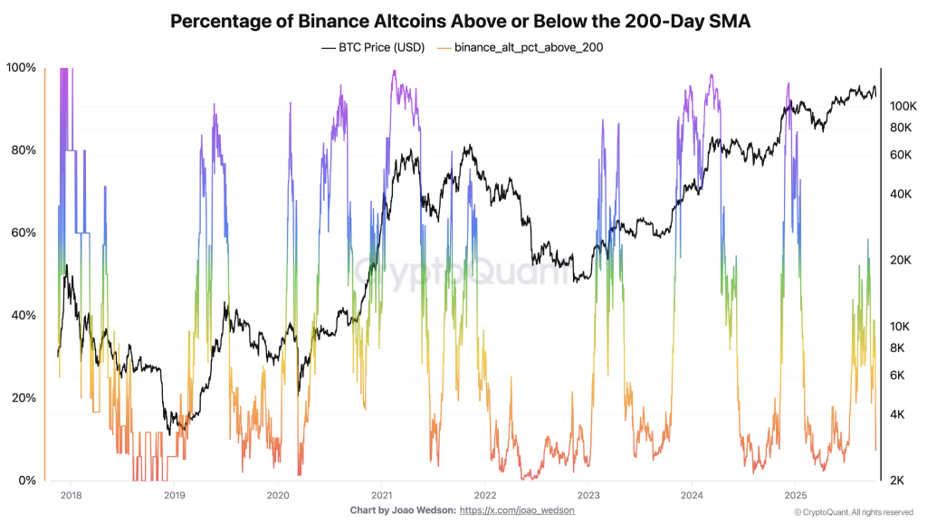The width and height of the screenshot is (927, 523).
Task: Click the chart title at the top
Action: [463, 21]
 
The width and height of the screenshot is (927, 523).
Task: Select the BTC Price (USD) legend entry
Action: [372, 46]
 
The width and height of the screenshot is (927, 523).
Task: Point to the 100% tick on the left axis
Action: [21, 68]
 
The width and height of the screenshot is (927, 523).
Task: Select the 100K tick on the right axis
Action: [904, 106]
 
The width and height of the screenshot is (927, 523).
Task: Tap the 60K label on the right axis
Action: [902, 155]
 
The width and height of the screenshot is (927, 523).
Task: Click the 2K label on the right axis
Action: [899, 480]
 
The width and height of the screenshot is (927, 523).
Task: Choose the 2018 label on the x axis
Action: [70, 495]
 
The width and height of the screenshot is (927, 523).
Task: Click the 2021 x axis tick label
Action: [381, 495]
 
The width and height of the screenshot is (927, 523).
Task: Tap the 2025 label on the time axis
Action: [796, 495]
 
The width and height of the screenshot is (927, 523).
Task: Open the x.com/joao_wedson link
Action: [517, 511]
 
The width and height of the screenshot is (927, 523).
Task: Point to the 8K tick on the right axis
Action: [899, 347]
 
